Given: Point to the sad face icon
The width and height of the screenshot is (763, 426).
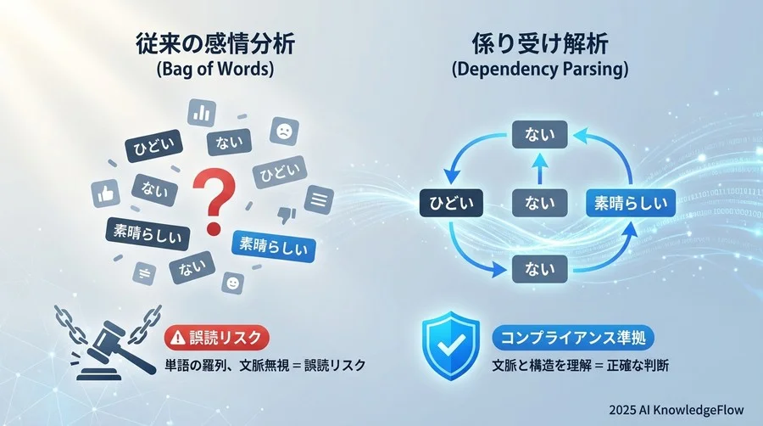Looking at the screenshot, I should tap(282, 132).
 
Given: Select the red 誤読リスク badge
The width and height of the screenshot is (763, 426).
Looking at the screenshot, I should tap(216, 338).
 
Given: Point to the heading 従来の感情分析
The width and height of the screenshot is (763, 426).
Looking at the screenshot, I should tap(214, 43).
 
